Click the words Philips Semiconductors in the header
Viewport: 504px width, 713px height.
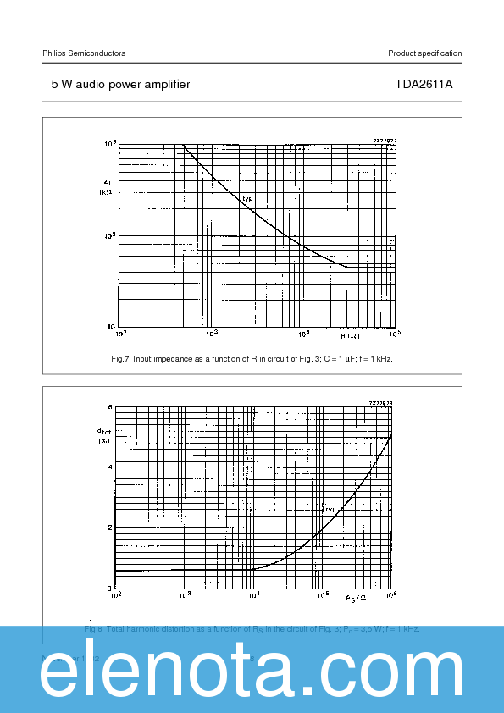[84, 53]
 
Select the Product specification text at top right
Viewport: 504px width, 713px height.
[424, 53]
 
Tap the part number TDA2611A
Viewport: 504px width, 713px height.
[424, 85]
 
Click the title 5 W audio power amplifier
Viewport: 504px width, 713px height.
[120, 85]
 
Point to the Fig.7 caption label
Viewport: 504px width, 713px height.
[119, 359]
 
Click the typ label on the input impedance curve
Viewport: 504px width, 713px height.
[248, 199]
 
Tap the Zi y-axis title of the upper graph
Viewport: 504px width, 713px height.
[107, 181]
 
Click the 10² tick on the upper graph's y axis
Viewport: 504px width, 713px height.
[109, 235]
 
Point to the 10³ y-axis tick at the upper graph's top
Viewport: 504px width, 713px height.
[109, 144]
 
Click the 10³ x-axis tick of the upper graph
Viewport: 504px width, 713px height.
[212, 333]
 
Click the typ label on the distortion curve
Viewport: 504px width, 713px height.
[331, 509]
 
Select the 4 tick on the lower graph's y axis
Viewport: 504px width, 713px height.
[109, 467]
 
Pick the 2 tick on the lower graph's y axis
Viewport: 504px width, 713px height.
[109, 527]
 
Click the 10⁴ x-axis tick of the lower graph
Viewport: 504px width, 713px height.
[254, 595]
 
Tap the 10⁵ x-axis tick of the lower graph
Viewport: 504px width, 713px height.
[323, 595]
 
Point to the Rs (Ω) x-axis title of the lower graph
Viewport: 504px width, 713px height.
[357, 598]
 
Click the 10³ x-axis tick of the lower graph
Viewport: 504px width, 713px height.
[186, 595]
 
